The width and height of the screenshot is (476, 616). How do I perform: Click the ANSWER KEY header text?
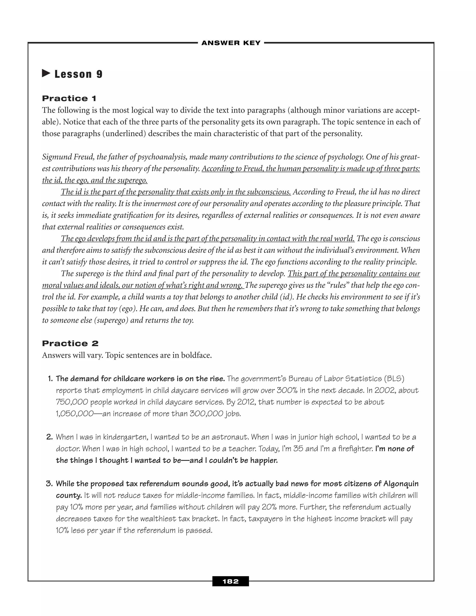(231, 43)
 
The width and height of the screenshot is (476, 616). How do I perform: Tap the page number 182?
(230, 581)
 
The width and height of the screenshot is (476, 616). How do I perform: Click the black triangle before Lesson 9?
(46, 74)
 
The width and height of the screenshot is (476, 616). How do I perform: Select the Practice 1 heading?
(69, 98)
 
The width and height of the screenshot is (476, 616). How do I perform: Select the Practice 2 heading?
(70, 343)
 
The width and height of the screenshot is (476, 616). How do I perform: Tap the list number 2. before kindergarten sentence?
(50, 437)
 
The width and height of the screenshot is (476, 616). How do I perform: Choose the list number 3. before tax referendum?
(50, 484)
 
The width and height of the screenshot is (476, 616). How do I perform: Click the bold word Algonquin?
(401, 484)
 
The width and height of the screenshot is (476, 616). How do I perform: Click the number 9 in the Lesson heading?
(99, 74)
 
